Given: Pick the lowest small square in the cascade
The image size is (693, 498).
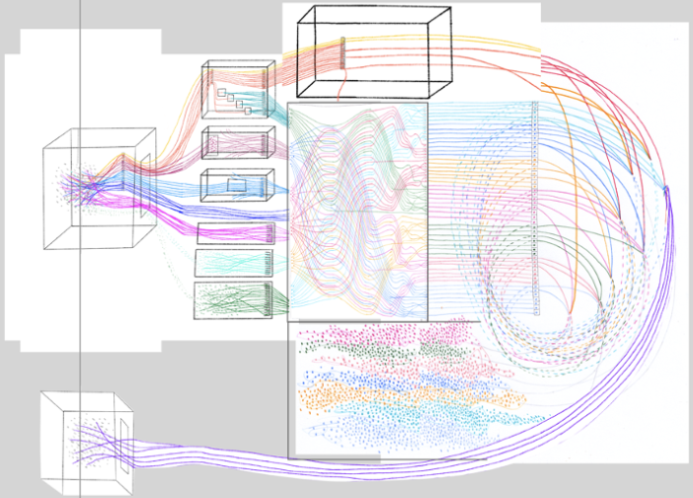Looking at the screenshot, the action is pos(247,112).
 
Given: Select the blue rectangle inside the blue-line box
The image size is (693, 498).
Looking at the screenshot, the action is pos(237,185).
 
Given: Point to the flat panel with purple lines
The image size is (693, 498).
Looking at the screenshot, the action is pos(236,233).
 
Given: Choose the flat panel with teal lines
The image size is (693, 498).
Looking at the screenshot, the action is pos(236,262).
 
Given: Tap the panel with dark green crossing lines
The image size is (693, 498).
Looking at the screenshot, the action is pos(235,299).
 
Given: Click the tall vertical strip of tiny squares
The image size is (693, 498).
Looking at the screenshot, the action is pos(535,207).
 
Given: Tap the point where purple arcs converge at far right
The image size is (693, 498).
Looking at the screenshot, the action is pos(667,188).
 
